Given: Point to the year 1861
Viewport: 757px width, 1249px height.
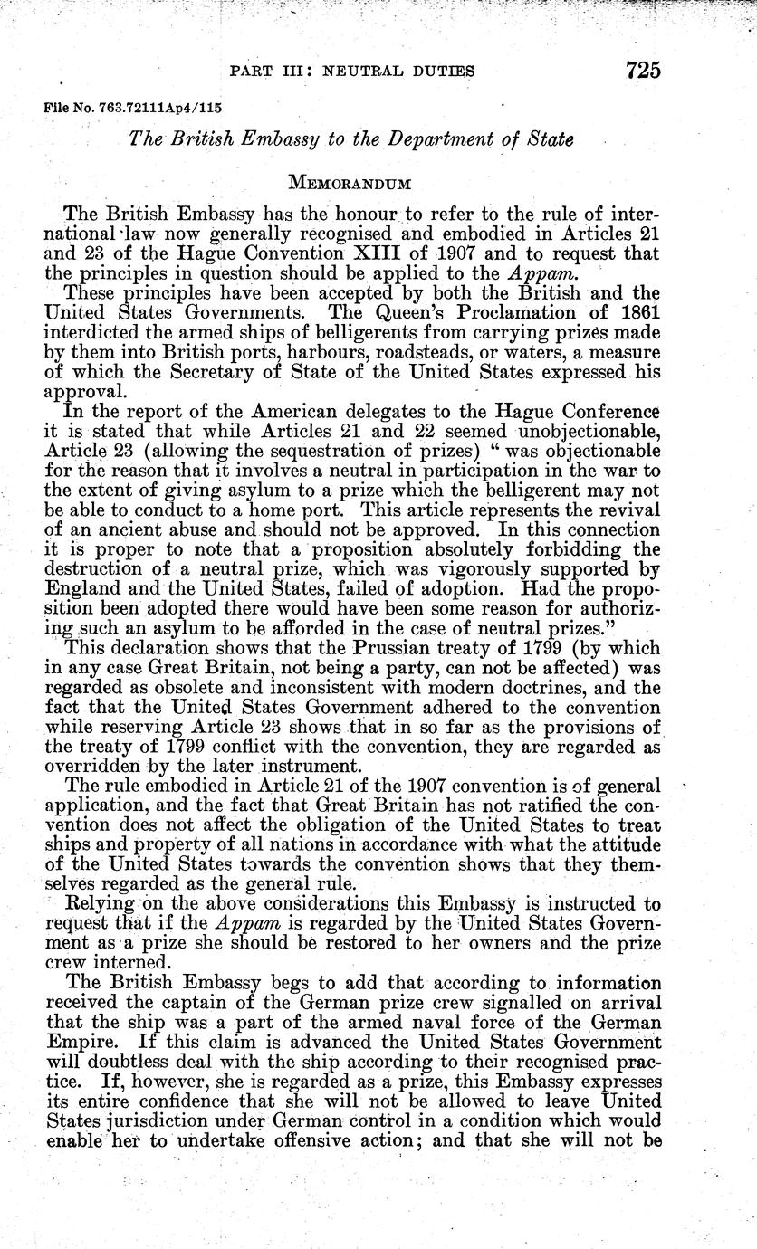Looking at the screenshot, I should click(667, 310).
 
